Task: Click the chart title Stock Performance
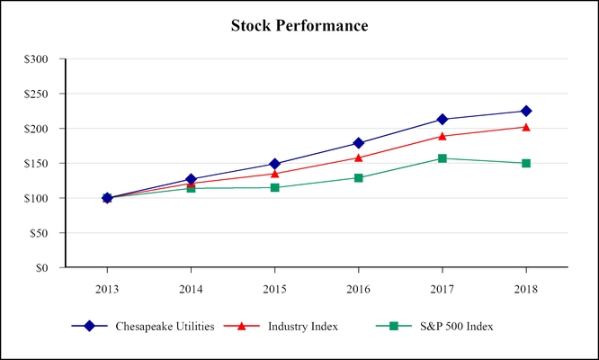tap(299, 25)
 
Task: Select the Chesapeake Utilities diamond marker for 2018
tap(526, 111)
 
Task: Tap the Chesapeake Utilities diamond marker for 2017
tap(443, 119)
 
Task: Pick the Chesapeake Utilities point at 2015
tap(274, 164)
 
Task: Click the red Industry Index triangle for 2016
tap(359, 157)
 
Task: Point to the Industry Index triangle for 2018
tap(526, 127)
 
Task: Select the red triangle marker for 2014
tap(191, 183)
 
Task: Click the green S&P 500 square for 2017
tap(443, 158)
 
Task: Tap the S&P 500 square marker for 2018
tap(526, 163)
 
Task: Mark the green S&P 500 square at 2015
tap(274, 187)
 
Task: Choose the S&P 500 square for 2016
tap(359, 177)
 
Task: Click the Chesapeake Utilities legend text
tap(165, 326)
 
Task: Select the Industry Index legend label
tap(303, 326)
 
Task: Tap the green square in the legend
tap(393, 326)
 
